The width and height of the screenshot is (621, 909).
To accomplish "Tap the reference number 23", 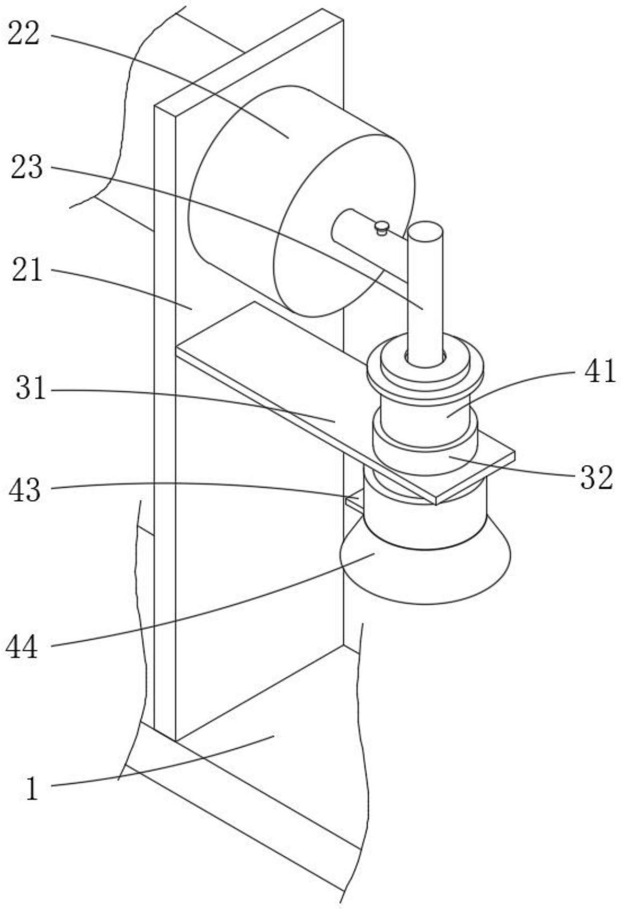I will click(26, 168).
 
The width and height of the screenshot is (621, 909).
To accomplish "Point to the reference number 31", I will click(31, 389).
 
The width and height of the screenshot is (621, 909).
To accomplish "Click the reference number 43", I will click(24, 490).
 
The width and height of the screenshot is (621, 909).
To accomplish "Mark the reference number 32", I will click(596, 477).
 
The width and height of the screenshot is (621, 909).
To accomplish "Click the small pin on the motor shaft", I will click(382, 227).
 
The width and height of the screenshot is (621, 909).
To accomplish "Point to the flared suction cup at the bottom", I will click(425, 575).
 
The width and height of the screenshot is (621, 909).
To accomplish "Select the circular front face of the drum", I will click(344, 226).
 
